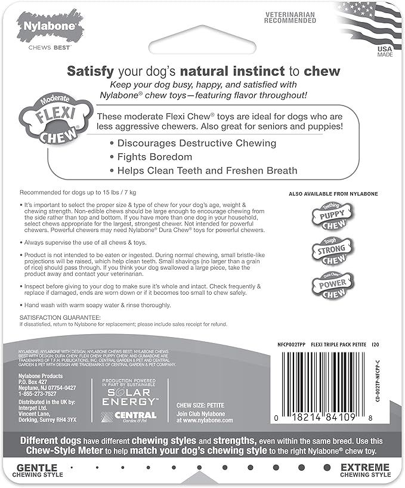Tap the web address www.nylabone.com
click(x=205, y=420)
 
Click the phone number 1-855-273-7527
click(x=39, y=394)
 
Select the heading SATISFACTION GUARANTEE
click(x=60, y=317)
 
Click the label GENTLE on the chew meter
click(x=37, y=467)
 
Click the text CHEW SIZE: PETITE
click(x=200, y=406)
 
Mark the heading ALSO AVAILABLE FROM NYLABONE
click(x=333, y=194)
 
